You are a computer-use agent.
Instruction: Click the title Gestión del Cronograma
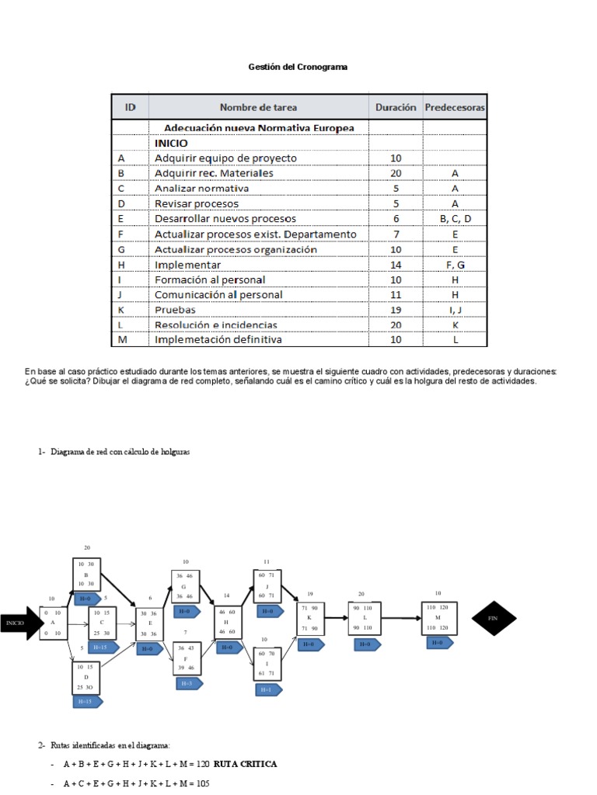(298, 68)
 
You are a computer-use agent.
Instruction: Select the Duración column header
(396, 108)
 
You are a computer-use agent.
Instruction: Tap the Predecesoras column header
(455, 108)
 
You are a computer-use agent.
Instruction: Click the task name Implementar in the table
(187, 265)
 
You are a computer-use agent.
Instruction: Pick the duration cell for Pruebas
(396, 310)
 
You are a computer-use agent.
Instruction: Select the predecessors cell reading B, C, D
(455, 219)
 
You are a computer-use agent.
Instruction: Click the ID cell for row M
(121, 339)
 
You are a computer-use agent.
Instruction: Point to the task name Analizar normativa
(201, 189)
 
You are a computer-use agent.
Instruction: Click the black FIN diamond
(493, 618)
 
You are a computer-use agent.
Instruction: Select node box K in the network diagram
(309, 618)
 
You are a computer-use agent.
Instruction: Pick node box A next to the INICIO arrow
(53, 623)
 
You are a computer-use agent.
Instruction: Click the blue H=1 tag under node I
(267, 689)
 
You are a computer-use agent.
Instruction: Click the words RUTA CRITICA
(244, 764)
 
